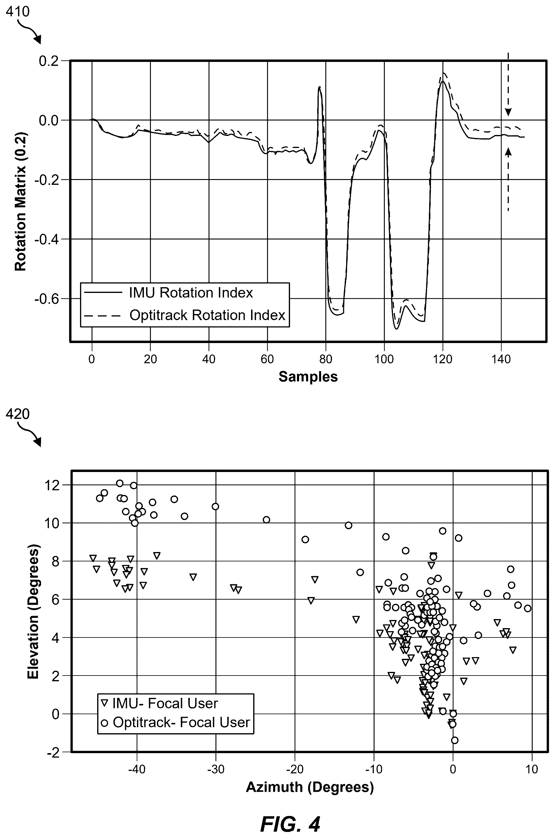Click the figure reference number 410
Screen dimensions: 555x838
point(18,12)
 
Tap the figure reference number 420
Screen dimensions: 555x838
point(18,414)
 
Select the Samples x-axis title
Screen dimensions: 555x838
point(308,377)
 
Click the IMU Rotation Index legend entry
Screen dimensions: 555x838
point(168,293)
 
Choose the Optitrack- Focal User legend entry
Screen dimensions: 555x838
point(175,722)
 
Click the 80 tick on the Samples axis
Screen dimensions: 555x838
point(326,359)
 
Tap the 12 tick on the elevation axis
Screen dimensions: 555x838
point(53,485)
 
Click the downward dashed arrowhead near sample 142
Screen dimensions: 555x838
point(508,112)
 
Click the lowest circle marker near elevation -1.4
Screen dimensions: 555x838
point(455,740)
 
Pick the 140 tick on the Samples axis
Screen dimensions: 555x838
point(501,359)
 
